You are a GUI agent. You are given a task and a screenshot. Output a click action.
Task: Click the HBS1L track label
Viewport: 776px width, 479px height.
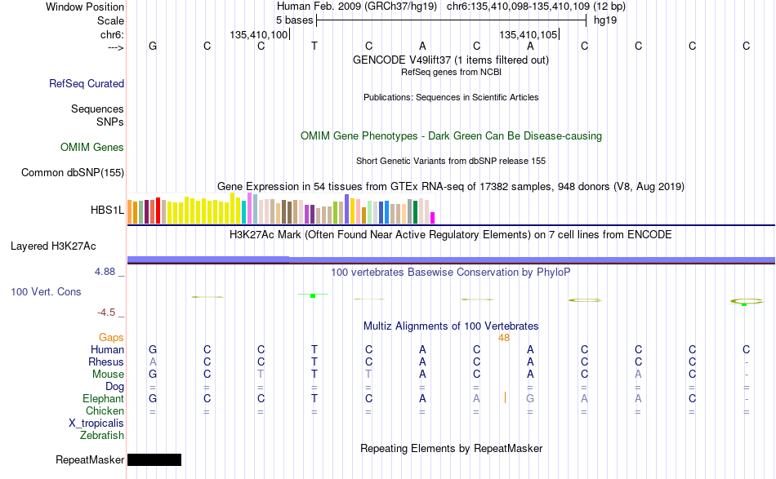click(107, 210)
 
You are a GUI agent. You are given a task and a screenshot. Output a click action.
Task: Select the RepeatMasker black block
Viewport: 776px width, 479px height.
click(154, 459)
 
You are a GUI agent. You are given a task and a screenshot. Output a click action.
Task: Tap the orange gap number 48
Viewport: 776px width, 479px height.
click(504, 338)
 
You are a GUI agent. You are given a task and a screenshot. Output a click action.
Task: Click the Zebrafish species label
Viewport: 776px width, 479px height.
click(102, 436)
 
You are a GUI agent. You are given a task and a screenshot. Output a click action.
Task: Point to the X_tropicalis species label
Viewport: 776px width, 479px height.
click(96, 424)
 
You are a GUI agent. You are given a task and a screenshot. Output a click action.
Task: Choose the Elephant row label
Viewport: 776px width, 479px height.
click(103, 398)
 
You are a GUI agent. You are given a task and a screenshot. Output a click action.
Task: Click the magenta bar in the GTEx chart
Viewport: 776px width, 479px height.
click(433, 218)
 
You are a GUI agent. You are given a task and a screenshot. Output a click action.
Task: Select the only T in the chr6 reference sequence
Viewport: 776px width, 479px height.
click(314, 46)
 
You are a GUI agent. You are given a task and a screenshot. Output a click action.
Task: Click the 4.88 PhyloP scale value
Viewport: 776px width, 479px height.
click(105, 272)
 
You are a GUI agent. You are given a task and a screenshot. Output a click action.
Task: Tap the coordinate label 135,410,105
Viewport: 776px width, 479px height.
click(528, 34)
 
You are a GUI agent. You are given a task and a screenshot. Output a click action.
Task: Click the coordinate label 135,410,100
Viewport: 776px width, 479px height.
click(258, 34)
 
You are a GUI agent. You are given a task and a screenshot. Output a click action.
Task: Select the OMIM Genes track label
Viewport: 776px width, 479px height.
click(92, 148)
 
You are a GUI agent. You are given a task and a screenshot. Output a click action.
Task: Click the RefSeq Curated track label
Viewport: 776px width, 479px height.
click(87, 83)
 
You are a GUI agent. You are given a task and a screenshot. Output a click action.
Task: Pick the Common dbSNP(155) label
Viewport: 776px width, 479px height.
click(73, 172)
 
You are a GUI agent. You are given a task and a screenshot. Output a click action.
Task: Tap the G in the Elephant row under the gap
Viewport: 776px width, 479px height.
click(530, 398)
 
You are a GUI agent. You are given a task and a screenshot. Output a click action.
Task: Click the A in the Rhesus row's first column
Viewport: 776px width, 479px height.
click(153, 361)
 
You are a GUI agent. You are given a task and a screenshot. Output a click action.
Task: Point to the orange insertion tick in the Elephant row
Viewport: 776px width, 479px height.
click(505, 397)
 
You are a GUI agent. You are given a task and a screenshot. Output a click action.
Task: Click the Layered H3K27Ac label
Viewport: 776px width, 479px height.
click(53, 246)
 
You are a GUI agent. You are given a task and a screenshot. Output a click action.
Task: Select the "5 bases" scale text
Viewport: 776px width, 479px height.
click(294, 20)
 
